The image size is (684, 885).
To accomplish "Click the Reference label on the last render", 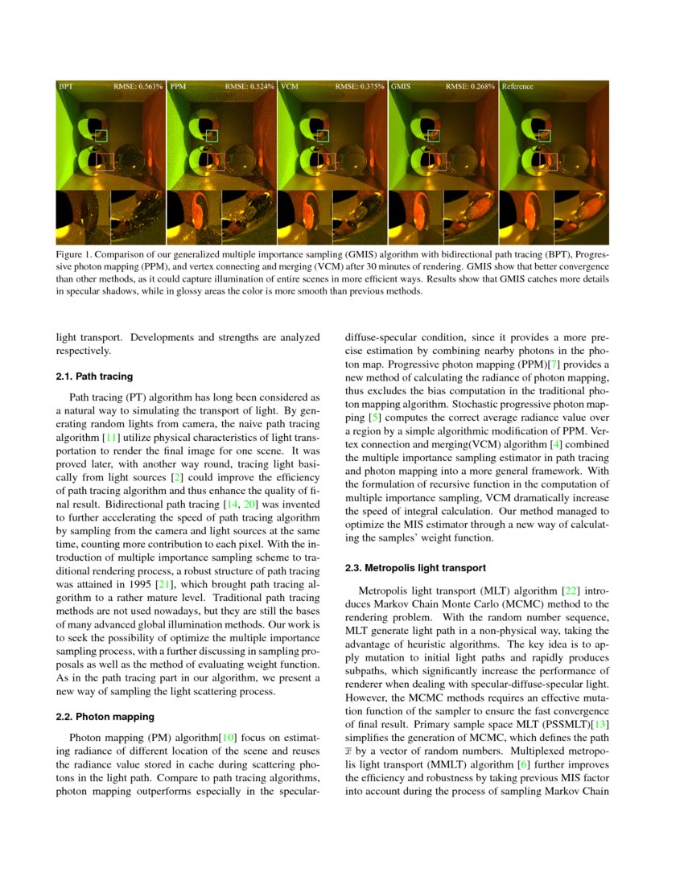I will (x=517, y=85).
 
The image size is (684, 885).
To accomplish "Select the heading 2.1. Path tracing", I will (x=94, y=376).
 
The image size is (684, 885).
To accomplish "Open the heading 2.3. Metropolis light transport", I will (x=415, y=568).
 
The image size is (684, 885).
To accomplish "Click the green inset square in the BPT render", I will (x=101, y=136).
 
